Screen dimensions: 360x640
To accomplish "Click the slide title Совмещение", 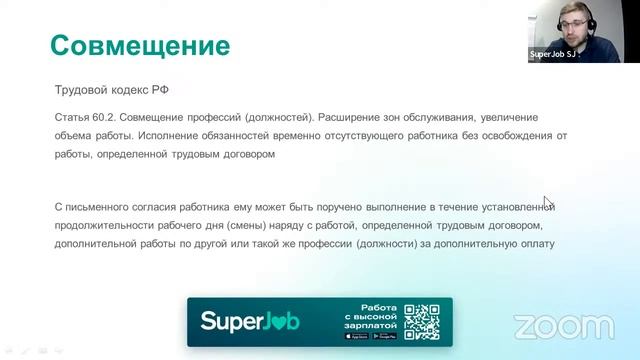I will (140, 46).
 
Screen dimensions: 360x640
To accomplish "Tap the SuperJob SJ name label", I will (551, 55).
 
